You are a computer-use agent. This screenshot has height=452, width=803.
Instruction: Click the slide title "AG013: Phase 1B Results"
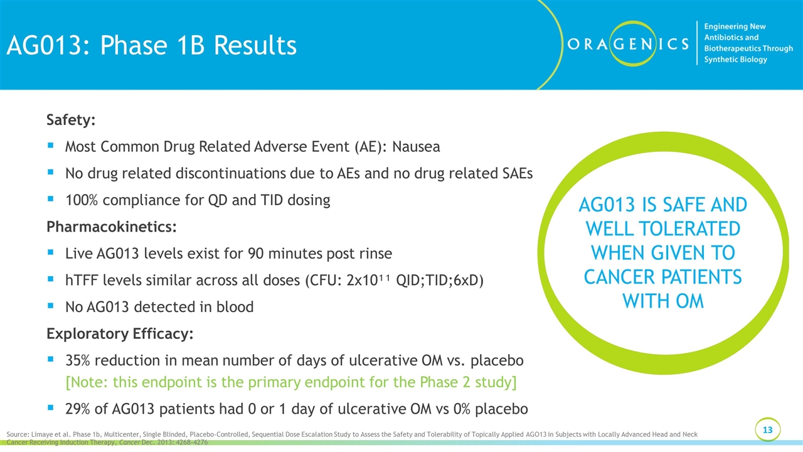[x=152, y=46]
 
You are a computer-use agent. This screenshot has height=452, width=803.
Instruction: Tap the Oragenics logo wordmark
[x=628, y=44]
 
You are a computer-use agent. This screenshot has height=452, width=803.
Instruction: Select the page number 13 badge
[x=767, y=430]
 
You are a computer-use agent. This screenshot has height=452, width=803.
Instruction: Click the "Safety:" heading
[x=71, y=120]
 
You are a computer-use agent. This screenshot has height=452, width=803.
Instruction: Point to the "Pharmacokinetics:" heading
[x=112, y=227]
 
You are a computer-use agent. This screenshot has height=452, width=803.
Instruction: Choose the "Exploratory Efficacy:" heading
[x=120, y=333]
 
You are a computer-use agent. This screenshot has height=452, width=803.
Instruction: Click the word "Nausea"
[x=416, y=147]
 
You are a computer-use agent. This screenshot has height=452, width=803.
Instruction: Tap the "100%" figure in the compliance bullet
[x=82, y=200]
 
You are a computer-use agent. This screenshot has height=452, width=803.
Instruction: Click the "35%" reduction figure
[x=77, y=360]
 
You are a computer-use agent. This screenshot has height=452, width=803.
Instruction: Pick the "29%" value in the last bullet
[x=77, y=409]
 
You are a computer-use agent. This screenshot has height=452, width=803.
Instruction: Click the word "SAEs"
[x=515, y=174]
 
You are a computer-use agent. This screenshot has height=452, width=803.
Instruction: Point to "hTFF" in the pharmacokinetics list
[x=82, y=281]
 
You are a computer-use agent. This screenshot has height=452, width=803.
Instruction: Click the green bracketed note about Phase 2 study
[x=291, y=382]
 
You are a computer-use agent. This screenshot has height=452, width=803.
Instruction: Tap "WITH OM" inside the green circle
[x=663, y=301]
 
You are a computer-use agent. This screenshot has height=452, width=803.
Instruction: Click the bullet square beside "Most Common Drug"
[x=51, y=145]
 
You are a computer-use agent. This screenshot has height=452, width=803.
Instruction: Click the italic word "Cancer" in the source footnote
[x=129, y=443]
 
